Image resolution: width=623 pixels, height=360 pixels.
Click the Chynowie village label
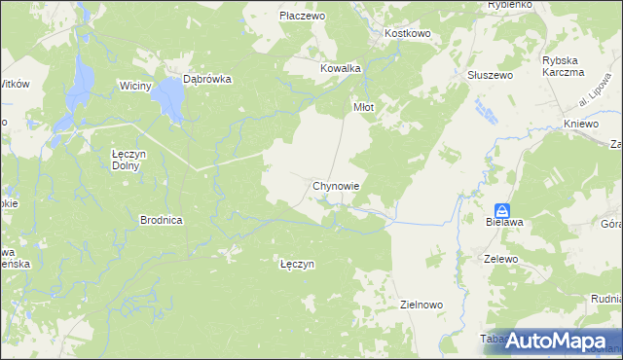(337, 185)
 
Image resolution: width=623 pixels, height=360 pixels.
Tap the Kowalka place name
(341, 68)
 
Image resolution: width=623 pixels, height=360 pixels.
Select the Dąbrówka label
(206, 81)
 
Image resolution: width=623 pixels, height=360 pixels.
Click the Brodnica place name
(162, 220)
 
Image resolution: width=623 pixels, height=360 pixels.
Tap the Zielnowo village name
(421, 305)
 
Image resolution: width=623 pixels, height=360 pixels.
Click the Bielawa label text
(504, 223)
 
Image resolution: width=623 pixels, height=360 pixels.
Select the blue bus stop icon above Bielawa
(502, 209)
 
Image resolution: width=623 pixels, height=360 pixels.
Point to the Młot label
(362, 108)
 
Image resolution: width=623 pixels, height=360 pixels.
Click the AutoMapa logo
(557, 341)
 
